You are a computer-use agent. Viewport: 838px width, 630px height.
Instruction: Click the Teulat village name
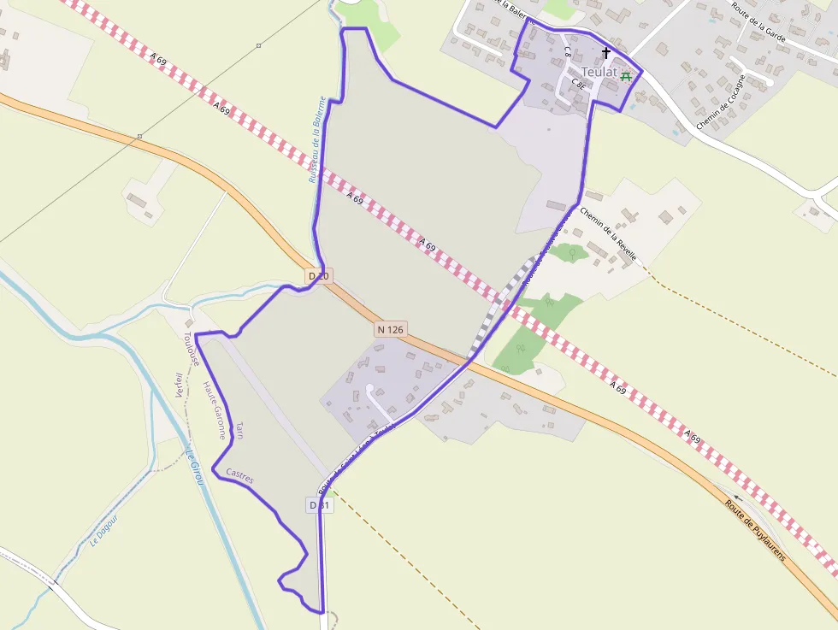pos(598,72)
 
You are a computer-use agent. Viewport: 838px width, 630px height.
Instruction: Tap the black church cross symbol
pos(606,53)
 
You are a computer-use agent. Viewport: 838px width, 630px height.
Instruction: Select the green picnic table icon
pos(627,75)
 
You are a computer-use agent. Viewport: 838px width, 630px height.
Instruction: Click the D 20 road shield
pos(318,276)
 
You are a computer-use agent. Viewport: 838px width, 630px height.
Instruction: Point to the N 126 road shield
pos(390,329)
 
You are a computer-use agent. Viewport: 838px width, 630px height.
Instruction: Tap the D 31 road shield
pos(319,505)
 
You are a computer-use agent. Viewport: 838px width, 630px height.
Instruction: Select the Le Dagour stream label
pos(103,531)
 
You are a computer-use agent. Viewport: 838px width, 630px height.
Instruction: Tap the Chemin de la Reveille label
pos(608,233)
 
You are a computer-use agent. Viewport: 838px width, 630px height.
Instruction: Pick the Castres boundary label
pos(239,475)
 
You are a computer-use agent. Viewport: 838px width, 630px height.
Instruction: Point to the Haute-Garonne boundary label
pos(213,409)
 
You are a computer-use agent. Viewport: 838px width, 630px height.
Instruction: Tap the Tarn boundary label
pos(240,429)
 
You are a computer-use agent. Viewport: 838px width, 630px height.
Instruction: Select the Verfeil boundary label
pos(179,386)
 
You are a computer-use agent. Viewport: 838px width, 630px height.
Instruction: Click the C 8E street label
pos(578,84)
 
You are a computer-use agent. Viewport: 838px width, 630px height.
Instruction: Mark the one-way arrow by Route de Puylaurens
pos(738,496)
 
